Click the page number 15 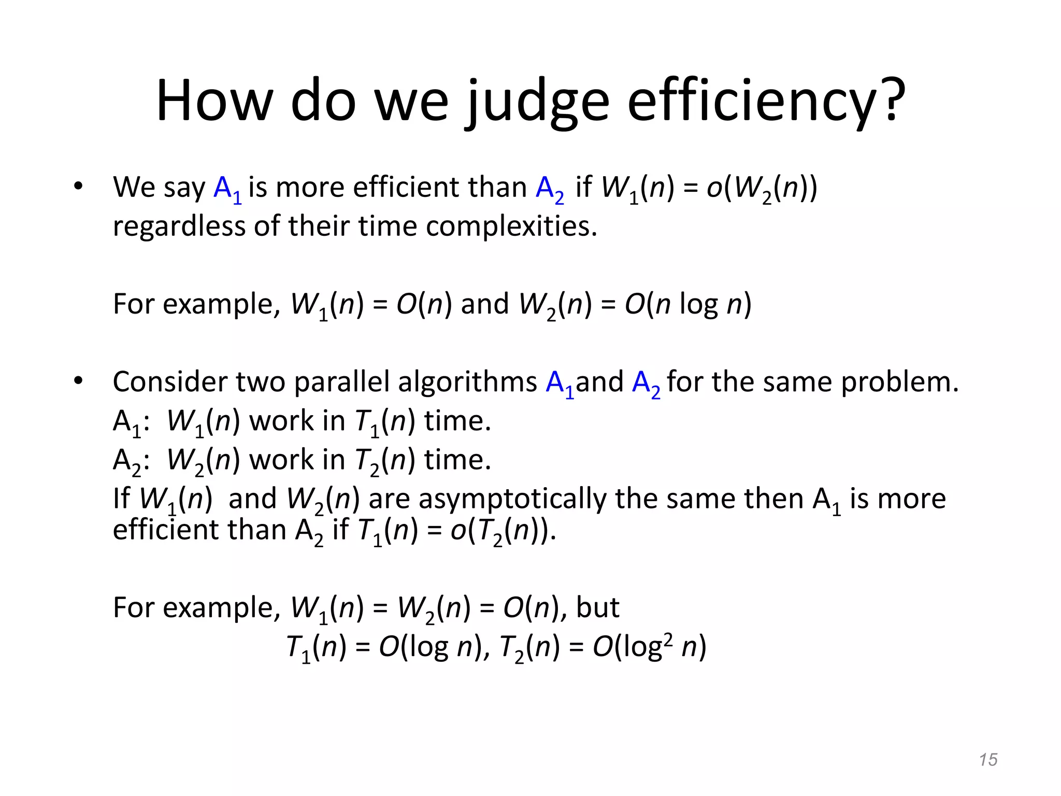(x=988, y=760)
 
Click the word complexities (x=511, y=226)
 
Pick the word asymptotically (x=512, y=499)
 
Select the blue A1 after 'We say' (x=227, y=189)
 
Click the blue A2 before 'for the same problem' (x=646, y=383)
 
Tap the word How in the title (x=214, y=101)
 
